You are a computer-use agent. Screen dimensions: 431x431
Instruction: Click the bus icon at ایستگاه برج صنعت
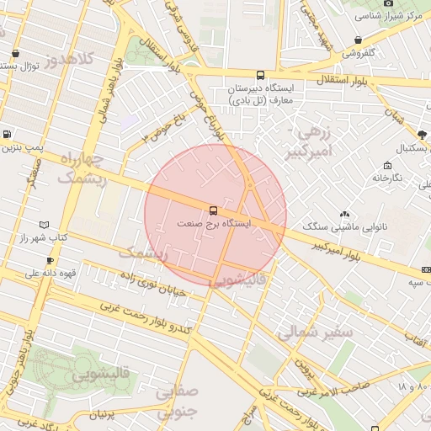click(213, 210)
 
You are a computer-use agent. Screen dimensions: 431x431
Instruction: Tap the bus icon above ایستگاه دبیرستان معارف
click(259, 75)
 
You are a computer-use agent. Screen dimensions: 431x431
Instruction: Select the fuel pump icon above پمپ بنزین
click(8, 134)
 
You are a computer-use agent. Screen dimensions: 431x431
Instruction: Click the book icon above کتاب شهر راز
click(44, 225)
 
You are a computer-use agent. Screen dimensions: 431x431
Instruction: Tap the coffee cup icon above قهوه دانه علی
click(50, 260)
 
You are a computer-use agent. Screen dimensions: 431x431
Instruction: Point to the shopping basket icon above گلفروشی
click(359, 40)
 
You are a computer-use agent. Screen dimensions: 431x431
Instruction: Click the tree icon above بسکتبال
click(422, 134)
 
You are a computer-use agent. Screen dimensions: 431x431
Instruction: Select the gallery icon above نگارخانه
click(387, 165)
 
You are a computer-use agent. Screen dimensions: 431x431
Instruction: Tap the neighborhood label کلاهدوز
click(77, 61)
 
